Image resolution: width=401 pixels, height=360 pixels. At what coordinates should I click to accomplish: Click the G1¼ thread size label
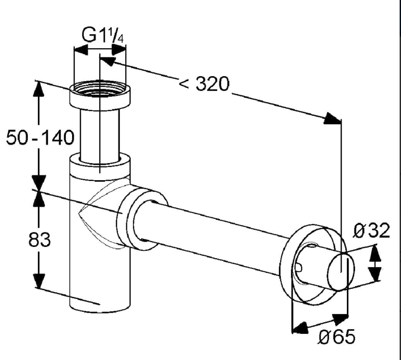pos(103,35)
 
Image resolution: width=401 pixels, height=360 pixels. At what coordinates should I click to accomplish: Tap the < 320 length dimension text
pos(204,84)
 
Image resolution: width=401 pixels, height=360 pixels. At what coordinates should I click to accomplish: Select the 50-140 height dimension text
pos(40,137)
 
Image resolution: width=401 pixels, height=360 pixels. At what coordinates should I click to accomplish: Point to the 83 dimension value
pos(39,240)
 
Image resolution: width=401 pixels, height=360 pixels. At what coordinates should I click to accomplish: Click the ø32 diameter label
pos(372,231)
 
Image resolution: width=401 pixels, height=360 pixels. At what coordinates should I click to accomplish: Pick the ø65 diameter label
pos(337,336)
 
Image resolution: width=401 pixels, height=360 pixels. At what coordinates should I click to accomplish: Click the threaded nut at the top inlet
pos(100,96)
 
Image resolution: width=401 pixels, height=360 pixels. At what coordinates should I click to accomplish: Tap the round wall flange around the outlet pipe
pos(313,265)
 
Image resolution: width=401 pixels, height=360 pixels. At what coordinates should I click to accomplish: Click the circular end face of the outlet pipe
pos(341,272)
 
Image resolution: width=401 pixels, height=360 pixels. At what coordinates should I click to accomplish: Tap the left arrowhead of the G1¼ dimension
pos(81,50)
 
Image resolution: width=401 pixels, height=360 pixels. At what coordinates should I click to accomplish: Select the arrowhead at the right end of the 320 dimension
pos(333,119)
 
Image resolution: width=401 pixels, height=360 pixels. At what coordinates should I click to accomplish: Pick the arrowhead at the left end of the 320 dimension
pos(107,61)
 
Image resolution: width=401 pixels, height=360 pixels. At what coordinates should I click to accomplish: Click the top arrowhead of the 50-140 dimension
pos(39,89)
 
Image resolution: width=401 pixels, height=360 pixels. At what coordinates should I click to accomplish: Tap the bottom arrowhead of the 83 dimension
pos(39,281)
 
